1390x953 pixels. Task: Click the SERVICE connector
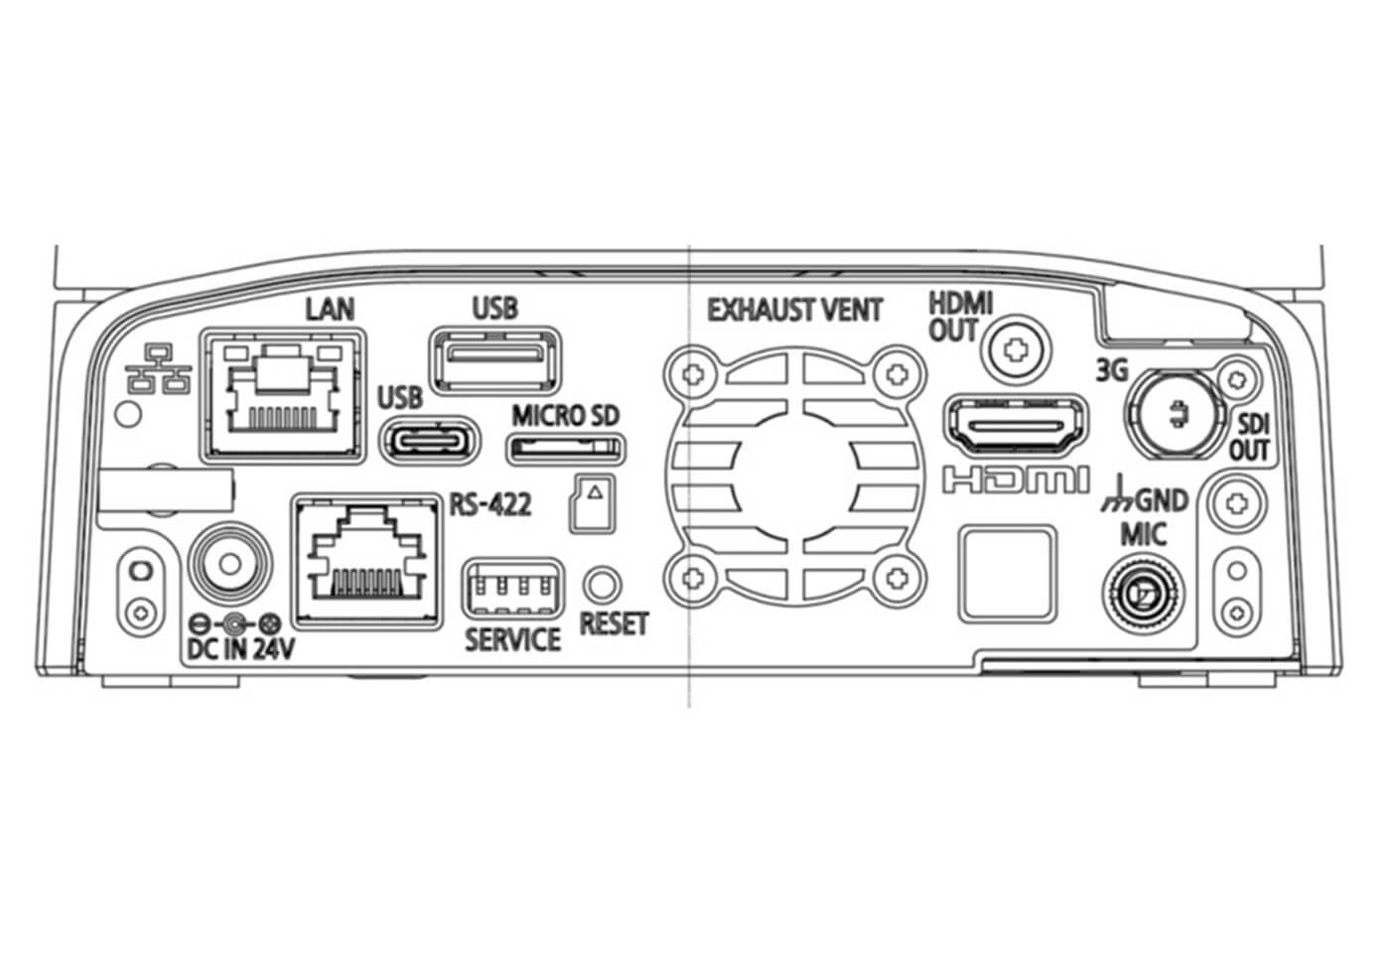coord(511,591)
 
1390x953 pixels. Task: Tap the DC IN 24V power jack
coord(229,566)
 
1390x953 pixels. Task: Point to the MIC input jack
coord(1144,596)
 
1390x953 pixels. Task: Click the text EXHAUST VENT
coord(794,310)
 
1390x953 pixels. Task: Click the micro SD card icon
coord(591,501)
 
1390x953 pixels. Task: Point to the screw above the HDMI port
coord(1014,349)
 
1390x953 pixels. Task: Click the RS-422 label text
coord(490,504)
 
